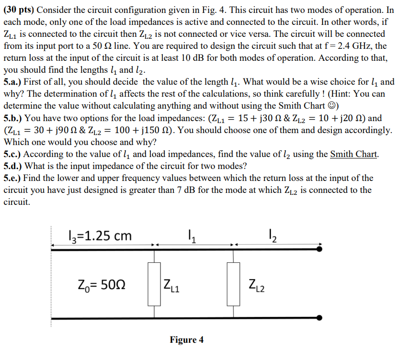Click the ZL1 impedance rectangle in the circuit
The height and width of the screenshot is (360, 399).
pos(154,283)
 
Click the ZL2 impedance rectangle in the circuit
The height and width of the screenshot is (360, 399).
pos(234,283)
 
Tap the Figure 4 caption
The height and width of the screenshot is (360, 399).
pos(186,340)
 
